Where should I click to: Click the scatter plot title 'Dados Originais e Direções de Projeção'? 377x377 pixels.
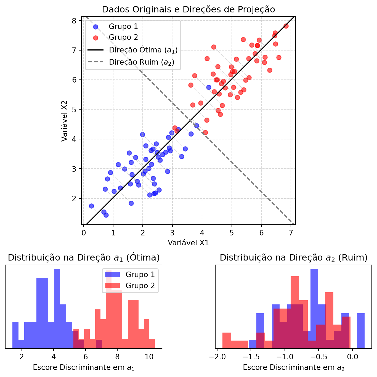coord(188,10)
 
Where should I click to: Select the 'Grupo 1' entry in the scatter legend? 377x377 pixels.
coord(123,27)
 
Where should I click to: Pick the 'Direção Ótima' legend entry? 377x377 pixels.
coord(143,50)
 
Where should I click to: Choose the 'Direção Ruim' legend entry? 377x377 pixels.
coord(141,62)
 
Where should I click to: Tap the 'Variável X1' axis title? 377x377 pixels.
coord(188,243)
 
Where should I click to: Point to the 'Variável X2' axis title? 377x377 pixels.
coord(64,121)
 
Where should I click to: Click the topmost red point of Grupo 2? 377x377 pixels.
coord(286,26)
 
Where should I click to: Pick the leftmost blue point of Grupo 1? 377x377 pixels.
coord(91,206)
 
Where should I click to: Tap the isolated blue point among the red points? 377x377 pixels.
coord(209,87)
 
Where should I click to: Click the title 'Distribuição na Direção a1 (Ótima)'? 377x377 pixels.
coord(84,258)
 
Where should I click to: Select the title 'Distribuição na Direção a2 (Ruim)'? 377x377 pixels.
coord(293,258)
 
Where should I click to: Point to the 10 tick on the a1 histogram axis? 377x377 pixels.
coord(149,356)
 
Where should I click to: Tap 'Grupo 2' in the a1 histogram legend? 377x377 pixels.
coord(140,286)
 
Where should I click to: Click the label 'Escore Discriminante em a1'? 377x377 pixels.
coord(84,368)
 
